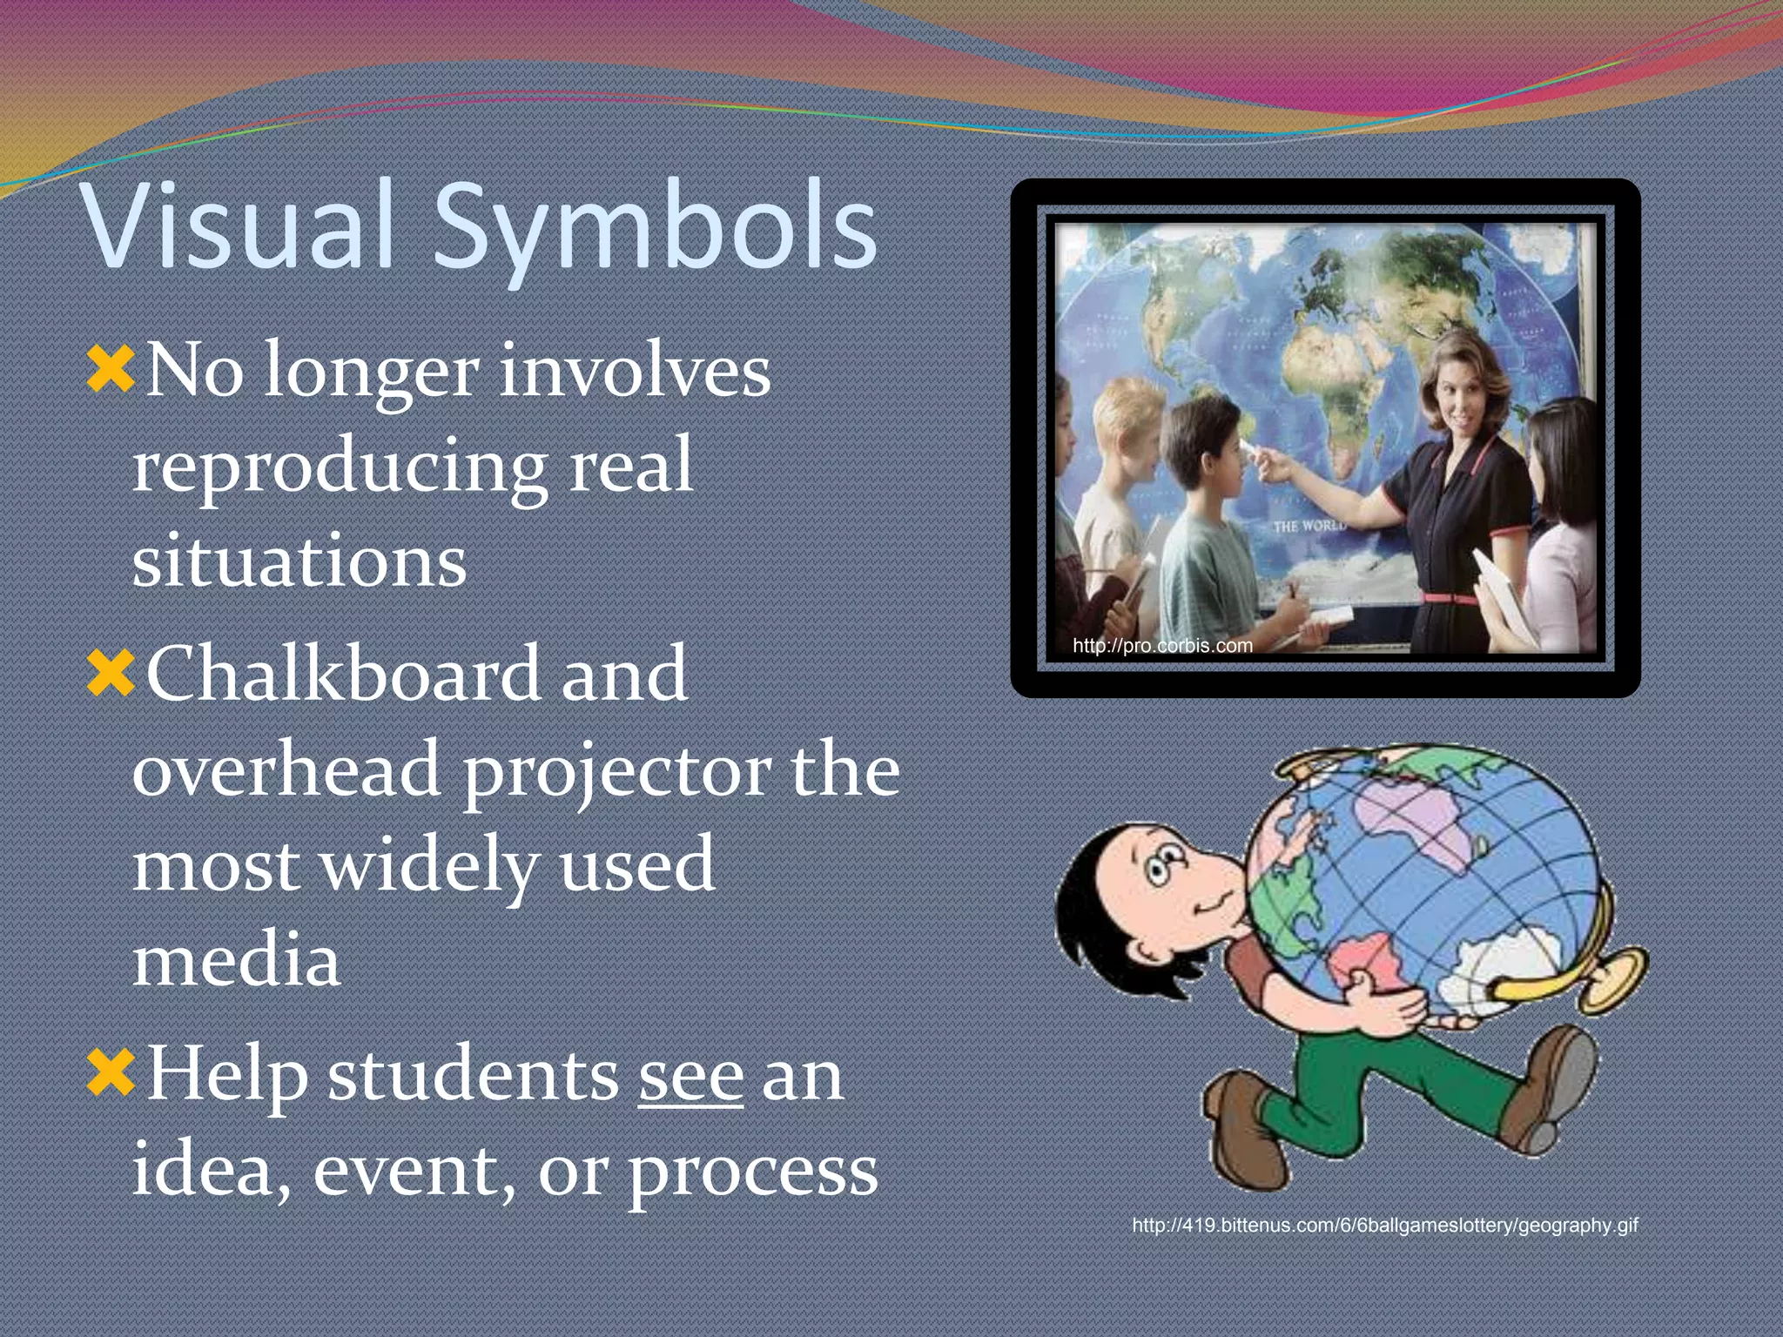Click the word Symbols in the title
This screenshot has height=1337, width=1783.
tap(655, 228)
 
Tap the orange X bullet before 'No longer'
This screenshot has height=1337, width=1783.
tap(111, 368)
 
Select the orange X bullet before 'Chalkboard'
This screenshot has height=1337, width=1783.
tap(111, 673)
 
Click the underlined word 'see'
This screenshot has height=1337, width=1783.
tap(690, 1078)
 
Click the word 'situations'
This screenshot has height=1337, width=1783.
tap(299, 561)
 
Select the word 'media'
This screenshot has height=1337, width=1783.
tap(236, 960)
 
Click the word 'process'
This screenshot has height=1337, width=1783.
tap(753, 1171)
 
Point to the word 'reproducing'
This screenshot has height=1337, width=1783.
tap(340, 467)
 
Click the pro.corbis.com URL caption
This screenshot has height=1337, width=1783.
tap(1162, 646)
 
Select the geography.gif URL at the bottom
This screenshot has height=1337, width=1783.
tap(1384, 1226)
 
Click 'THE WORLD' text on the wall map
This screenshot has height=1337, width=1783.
tap(1308, 526)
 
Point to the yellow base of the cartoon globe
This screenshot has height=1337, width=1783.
tap(1611, 979)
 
